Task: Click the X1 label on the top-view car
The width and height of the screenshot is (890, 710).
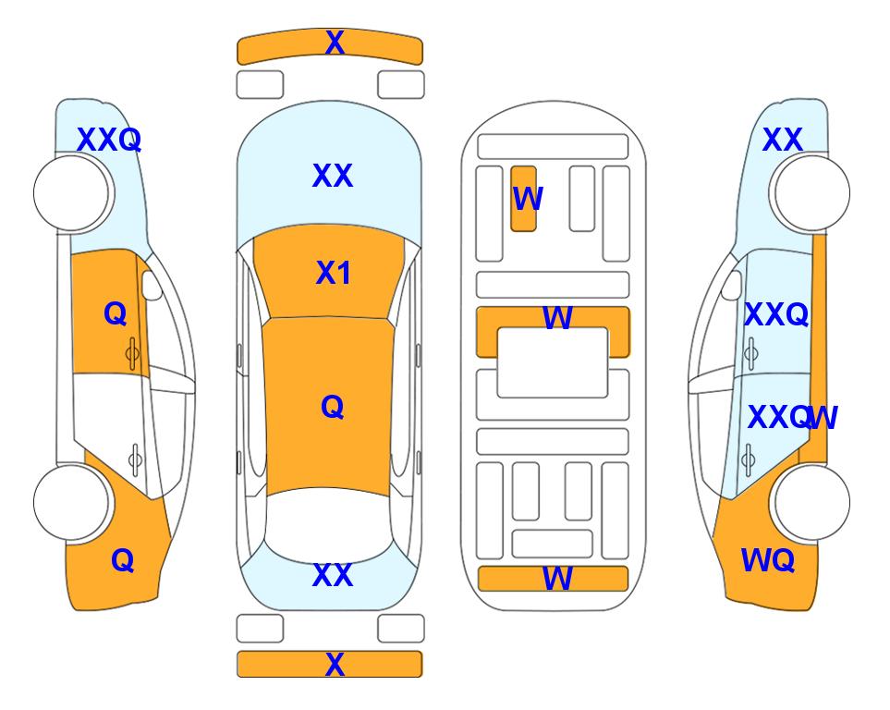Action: [334, 273]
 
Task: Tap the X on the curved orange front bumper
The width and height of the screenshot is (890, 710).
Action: [335, 42]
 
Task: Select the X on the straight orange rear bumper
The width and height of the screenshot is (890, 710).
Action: [335, 664]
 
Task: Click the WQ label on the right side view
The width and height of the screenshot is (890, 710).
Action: [767, 560]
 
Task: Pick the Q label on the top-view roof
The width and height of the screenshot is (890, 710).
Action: [333, 407]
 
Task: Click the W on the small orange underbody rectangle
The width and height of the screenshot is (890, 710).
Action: [528, 199]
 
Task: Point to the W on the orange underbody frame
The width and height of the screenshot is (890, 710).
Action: [557, 318]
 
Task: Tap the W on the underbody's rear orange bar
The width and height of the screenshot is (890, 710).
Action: [557, 579]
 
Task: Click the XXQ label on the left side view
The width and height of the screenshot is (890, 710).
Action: [109, 140]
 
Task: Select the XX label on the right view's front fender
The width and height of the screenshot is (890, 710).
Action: [783, 140]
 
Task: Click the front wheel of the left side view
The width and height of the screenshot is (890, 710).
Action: [71, 193]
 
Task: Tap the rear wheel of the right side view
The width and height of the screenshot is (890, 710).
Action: [812, 502]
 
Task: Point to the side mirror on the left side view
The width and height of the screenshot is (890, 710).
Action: [151, 285]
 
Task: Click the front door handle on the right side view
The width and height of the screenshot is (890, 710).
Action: [751, 353]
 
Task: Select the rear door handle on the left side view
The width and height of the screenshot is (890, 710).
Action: [135, 459]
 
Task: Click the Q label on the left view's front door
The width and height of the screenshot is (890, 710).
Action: [116, 313]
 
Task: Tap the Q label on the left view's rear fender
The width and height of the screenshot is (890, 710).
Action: [123, 560]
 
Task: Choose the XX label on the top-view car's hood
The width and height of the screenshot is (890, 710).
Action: [333, 176]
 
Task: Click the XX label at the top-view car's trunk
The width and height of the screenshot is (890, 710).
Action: [333, 575]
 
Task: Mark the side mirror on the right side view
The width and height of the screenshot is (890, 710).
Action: [732, 285]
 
